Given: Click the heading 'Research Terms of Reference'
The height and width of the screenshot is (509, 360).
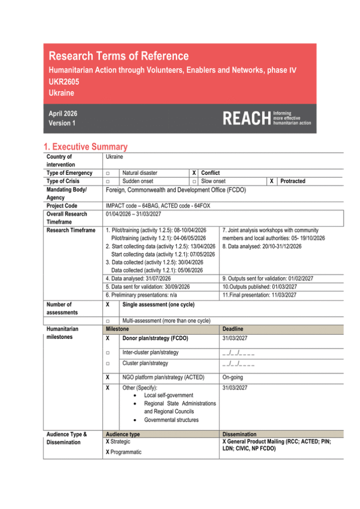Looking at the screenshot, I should coord(118,56).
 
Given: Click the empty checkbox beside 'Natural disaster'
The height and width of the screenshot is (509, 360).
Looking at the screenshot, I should coord(107,173).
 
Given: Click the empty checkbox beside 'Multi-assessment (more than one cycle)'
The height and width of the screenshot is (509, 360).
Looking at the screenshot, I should coord(107,321).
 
